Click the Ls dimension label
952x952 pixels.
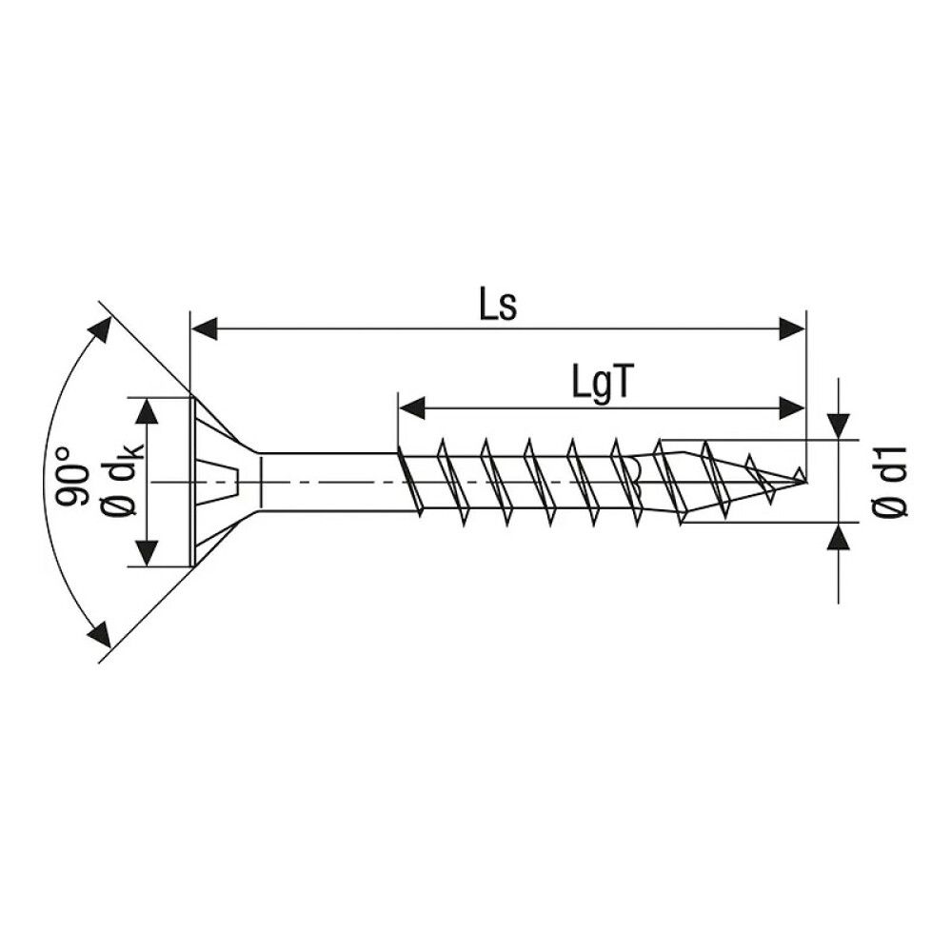point(496,307)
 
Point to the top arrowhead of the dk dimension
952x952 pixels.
point(147,411)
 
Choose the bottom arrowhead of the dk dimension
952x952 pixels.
point(147,553)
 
